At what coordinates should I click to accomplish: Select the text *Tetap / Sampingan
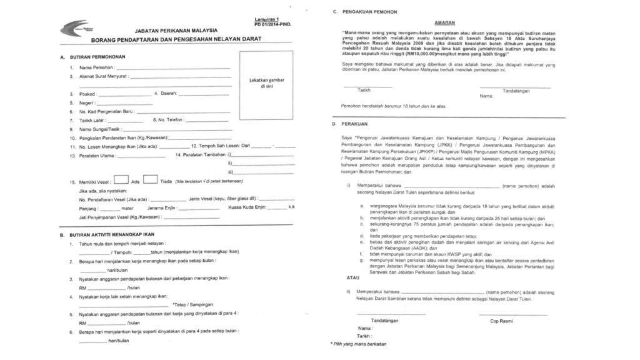196,303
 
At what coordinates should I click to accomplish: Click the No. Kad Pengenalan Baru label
107,111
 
